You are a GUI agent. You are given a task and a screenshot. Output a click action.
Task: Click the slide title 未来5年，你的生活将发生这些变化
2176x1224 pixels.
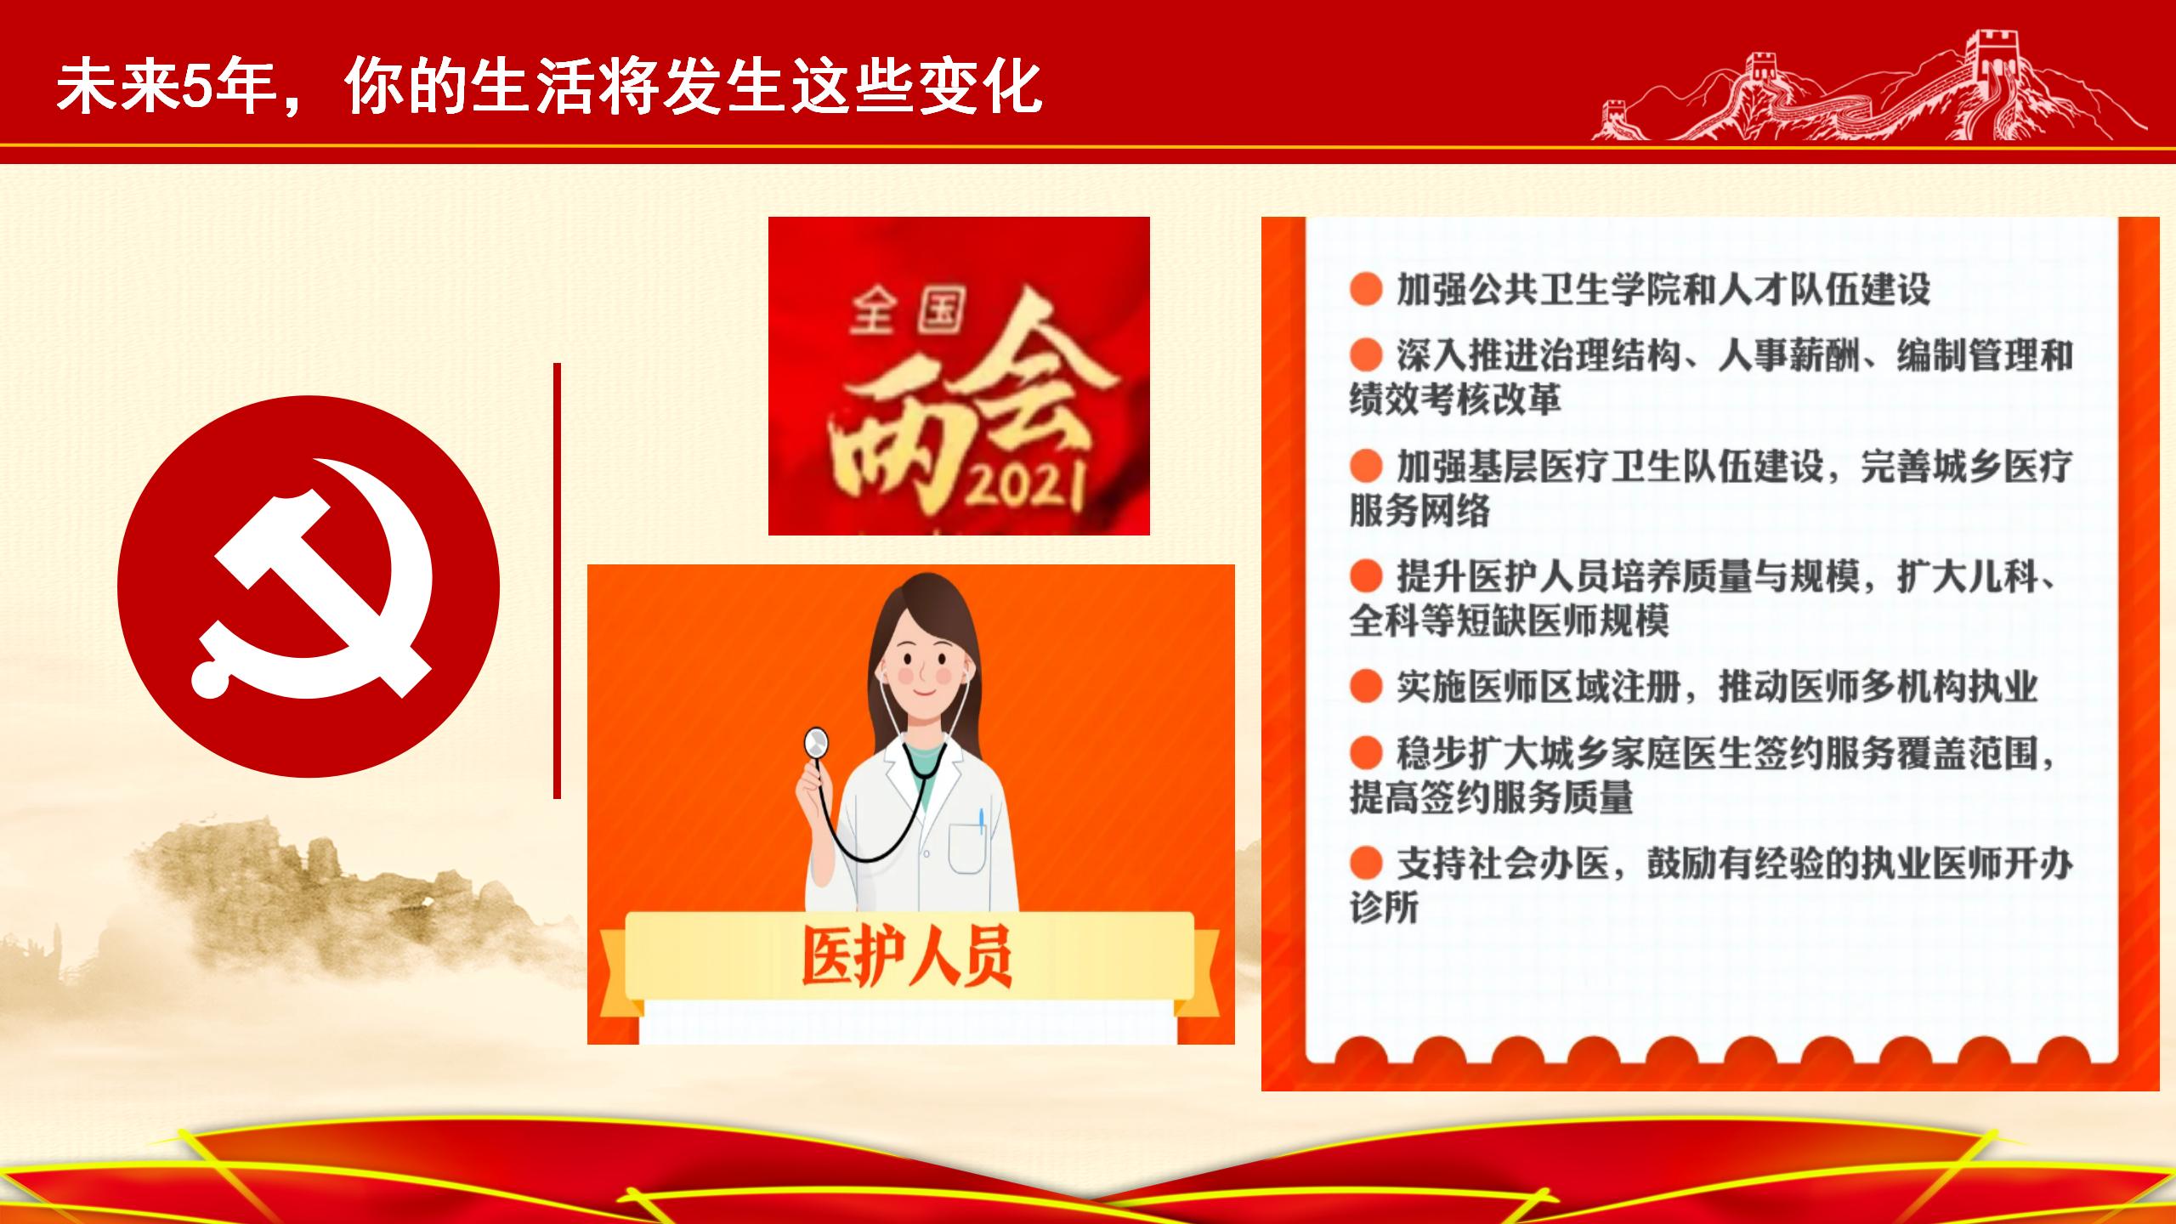click(549, 86)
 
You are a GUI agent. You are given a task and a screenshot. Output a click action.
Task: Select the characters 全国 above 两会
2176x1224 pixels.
click(907, 314)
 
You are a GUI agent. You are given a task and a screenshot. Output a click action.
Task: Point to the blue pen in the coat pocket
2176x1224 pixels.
click(981, 821)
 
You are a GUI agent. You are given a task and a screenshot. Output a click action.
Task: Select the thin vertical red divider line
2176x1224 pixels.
click(557, 581)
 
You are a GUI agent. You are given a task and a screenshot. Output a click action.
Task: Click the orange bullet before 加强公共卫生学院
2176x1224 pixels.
click(1366, 289)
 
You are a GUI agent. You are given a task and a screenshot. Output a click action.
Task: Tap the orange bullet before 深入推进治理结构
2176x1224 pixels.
click(1366, 354)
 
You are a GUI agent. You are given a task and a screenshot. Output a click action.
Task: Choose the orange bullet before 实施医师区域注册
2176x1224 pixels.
click(1366, 686)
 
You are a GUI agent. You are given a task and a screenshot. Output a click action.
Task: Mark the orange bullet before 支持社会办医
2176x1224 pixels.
click(1366, 864)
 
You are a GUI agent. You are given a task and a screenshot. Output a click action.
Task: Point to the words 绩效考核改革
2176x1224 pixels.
click(1455, 399)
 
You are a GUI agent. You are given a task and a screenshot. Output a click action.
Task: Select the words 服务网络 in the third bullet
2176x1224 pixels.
click(1419, 510)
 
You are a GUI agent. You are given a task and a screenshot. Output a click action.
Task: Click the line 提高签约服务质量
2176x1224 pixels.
click(1491, 797)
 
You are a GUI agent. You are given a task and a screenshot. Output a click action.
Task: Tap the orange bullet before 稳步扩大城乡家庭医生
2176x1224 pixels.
click(1366, 752)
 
